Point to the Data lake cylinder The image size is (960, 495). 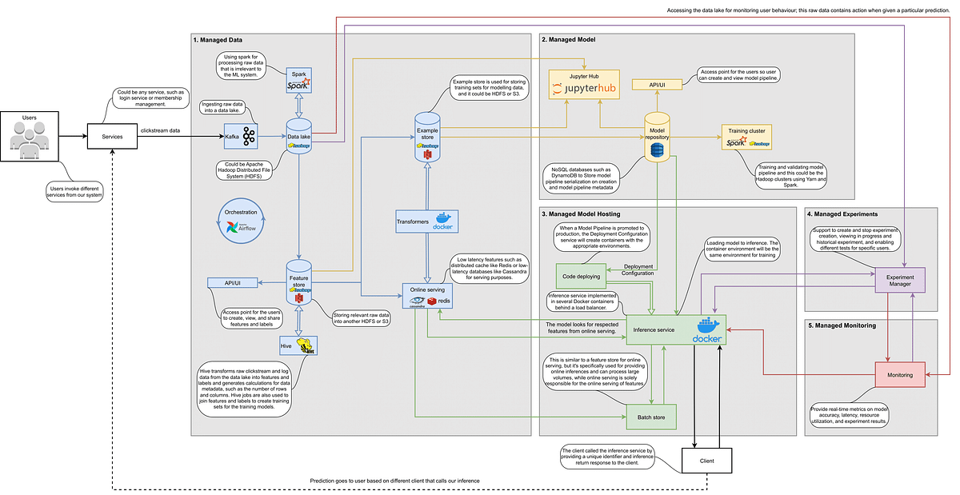tap(298, 135)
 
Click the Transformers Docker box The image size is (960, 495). tap(425, 222)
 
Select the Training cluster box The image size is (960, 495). tap(746, 137)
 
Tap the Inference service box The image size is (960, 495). tap(675, 329)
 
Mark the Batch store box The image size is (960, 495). tap(650, 416)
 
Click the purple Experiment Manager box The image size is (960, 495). tap(894, 280)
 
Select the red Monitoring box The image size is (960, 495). tap(894, 373)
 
